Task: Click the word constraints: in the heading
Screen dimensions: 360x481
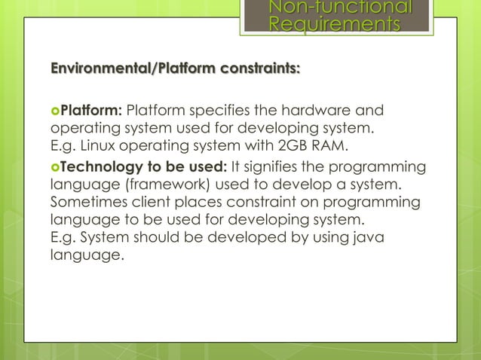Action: [259, 70]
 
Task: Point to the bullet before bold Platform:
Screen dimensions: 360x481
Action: [55, 113]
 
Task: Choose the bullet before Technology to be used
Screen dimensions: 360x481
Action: [55, 167]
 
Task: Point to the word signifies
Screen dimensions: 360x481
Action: [266, 166]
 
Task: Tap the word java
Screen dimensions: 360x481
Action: [366, 237]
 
